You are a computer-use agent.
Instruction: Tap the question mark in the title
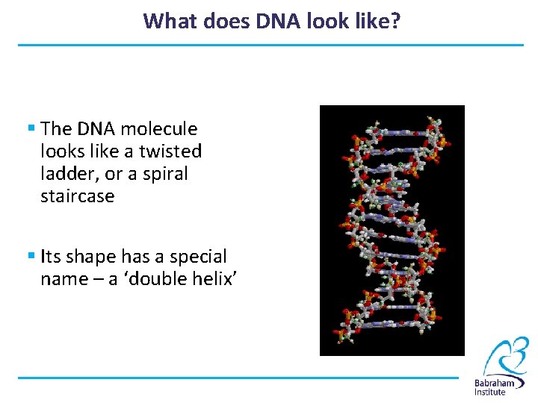click(395, 20)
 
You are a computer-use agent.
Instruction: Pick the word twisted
click(170, 151)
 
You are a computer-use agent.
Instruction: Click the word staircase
click(78, 196)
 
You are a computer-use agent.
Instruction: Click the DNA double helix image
click(392, 230)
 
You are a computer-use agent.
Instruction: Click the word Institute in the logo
click(490, 393)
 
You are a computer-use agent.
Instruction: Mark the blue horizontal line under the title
click(270, 46)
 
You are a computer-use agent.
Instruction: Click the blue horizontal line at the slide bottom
click(238, 378)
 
